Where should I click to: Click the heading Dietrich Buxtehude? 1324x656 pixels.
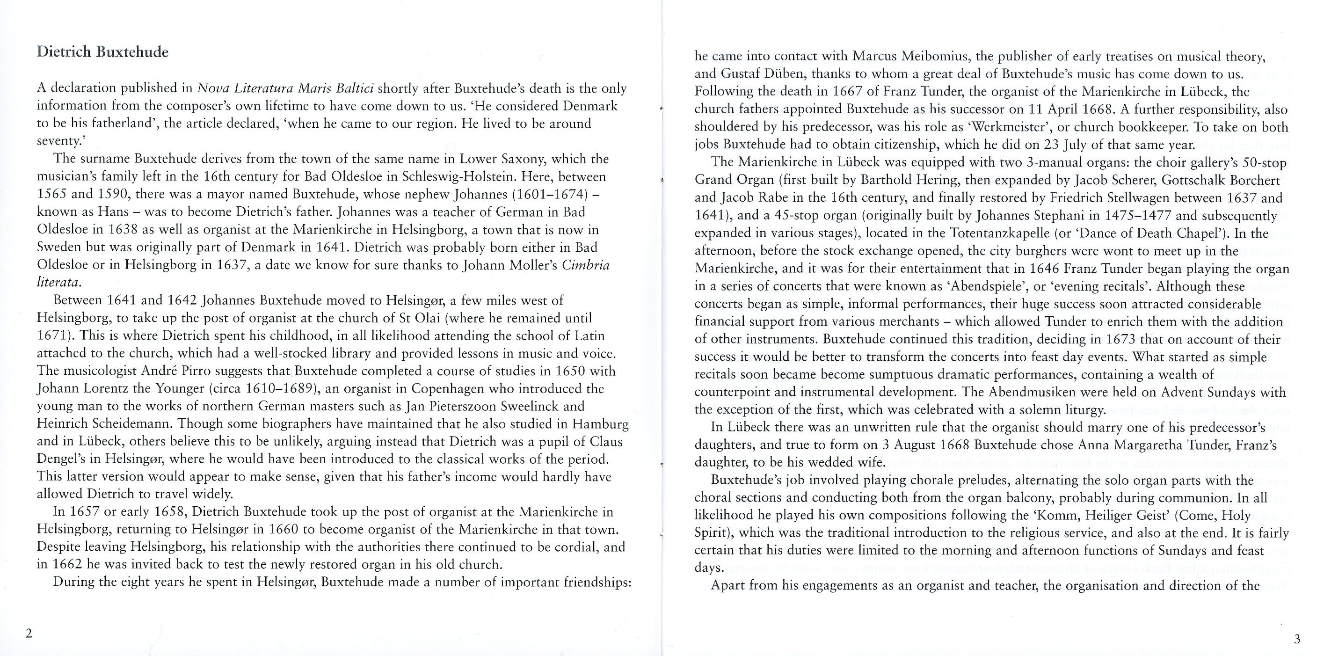click(102, 52)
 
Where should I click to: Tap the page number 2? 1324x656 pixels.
click(29, 633)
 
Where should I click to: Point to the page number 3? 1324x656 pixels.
click(1297, 639)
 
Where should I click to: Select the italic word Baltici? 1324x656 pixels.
click(354, 88)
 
